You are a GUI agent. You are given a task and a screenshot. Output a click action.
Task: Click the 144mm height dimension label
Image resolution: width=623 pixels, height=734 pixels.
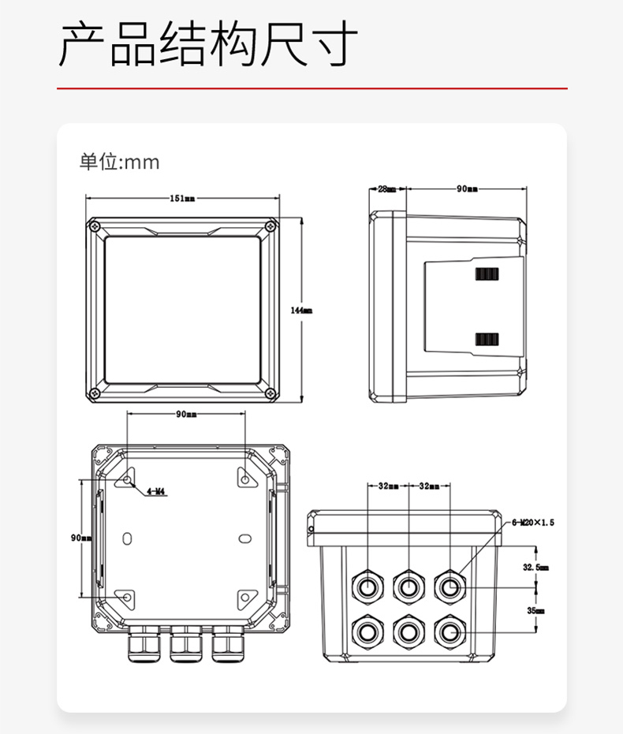[301, 311]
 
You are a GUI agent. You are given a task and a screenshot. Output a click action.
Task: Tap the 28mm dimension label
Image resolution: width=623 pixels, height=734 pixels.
[386, 189]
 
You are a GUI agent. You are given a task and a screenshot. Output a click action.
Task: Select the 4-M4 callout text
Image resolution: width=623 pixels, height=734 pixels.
[156, 491]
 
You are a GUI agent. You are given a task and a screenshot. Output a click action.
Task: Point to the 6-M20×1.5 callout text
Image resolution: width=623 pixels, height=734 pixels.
[534, 522]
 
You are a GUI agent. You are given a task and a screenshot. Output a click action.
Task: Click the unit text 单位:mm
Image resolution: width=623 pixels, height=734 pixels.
[119, 162]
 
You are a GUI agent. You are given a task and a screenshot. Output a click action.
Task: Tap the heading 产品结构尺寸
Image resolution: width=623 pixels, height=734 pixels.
[208, 45]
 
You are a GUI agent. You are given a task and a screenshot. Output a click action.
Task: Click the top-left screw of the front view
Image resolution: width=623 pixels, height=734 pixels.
[95, 226]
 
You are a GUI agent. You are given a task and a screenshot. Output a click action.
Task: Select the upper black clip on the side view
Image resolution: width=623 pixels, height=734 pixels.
[487, 274]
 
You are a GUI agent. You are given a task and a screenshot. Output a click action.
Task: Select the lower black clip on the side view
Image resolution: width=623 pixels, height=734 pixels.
[487, 339]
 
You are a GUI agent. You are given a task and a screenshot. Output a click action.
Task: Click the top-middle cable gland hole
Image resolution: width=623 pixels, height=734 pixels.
[408, 586]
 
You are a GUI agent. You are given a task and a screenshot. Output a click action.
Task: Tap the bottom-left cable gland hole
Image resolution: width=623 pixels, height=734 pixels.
[367, 631]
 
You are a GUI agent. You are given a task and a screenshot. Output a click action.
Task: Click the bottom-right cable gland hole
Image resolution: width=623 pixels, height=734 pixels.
[450, 631]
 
